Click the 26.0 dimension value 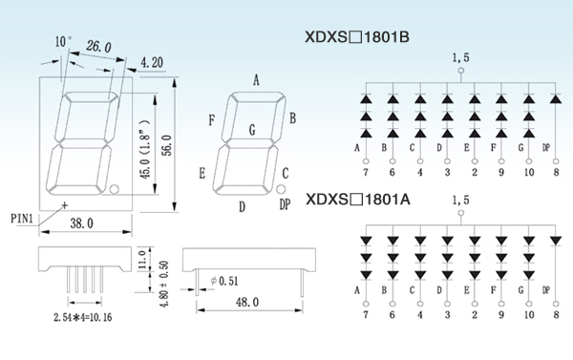(98, 47)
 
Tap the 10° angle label (64, 41)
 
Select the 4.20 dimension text (152, 62)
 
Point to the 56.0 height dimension (167, 145)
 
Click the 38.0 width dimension (81, 222)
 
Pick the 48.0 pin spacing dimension (247, 302)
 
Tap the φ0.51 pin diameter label (224, 281)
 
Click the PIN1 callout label (22, 219)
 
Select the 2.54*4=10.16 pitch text (83, 317)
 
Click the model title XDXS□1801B (357, 37)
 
